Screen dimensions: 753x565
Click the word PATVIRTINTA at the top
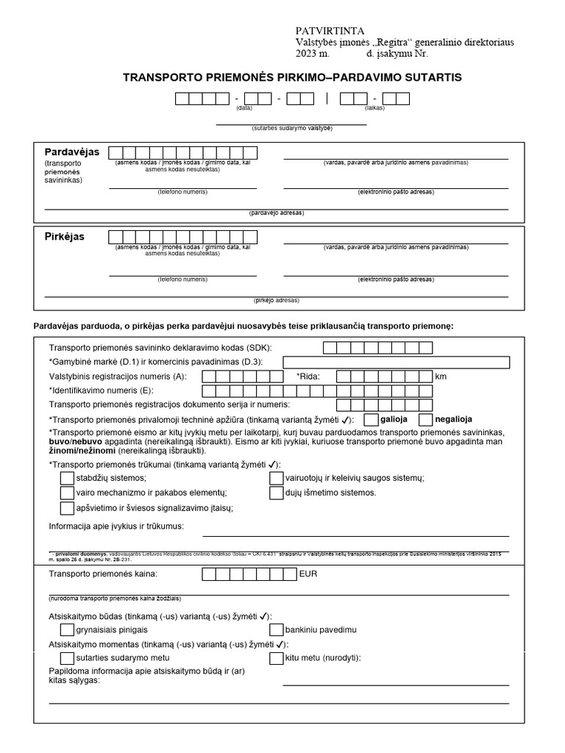330,31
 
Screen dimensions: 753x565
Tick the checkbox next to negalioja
424,419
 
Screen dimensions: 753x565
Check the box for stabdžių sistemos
67,478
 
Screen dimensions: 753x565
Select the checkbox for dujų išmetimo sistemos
277,493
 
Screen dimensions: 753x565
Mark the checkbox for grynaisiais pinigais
67,629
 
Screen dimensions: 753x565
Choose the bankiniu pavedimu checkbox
277,629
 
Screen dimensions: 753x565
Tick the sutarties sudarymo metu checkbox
67,658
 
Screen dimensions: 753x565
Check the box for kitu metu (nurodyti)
277,658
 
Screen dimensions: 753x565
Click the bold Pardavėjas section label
72,151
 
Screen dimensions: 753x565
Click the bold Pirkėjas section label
65,237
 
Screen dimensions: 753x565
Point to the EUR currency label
308,574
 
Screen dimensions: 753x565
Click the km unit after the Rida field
441,376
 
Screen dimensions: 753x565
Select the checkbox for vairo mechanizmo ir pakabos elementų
67,493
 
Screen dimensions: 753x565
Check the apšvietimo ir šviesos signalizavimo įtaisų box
67,507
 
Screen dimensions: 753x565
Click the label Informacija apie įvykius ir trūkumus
116,527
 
